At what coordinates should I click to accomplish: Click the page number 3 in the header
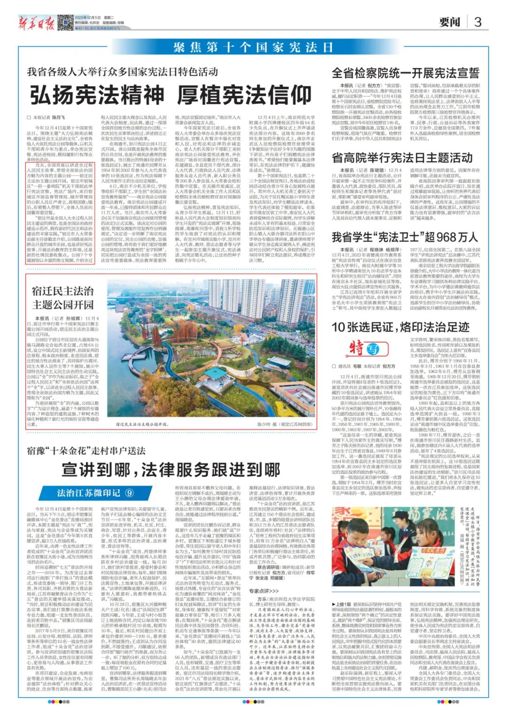(477, 22)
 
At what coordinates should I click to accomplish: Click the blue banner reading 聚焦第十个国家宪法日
(253, 47)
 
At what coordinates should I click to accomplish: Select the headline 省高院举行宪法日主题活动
(402, 158)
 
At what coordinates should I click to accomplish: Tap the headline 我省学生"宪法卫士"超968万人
(405, 237)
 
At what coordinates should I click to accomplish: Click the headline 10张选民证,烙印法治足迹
(400, 327)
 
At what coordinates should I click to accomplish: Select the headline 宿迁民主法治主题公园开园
(62, 297)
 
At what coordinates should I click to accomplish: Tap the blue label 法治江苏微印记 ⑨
(95, 493)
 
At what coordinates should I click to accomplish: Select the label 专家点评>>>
(263, 591)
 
